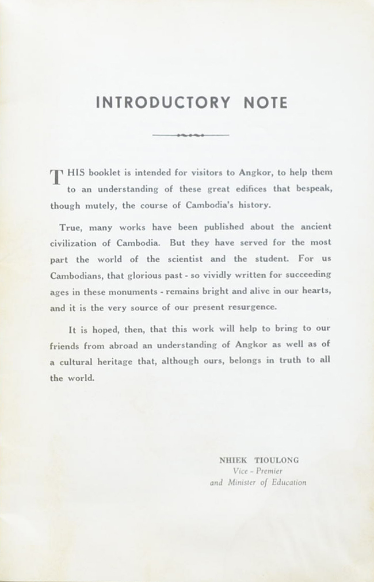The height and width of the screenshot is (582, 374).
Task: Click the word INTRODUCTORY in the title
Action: [163, 103]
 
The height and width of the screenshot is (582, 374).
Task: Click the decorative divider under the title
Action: [190, 135]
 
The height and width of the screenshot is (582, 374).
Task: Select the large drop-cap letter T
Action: [56, 177]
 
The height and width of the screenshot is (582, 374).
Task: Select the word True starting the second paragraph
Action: [70, 227]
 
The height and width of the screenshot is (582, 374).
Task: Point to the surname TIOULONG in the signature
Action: [280, 460]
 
